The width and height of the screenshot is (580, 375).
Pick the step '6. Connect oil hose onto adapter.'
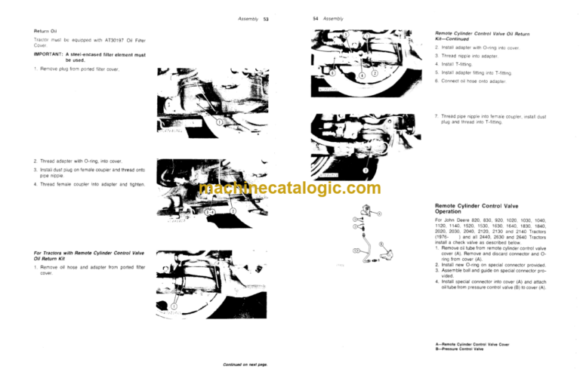coord(474,80)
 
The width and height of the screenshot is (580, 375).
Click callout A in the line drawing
coord(379,214)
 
